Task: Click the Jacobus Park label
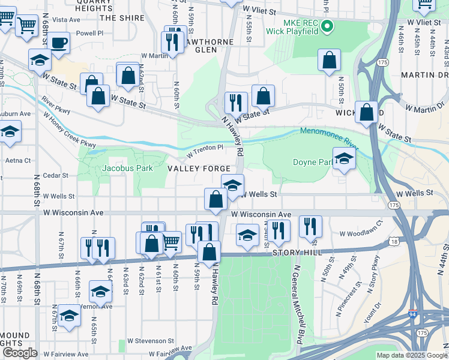(127, 169)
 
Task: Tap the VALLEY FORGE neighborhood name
(199, 170)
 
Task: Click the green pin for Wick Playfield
(327, 26)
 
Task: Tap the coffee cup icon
(59, 43)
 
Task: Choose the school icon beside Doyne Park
(344, 159)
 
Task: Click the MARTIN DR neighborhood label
(426, 74)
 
